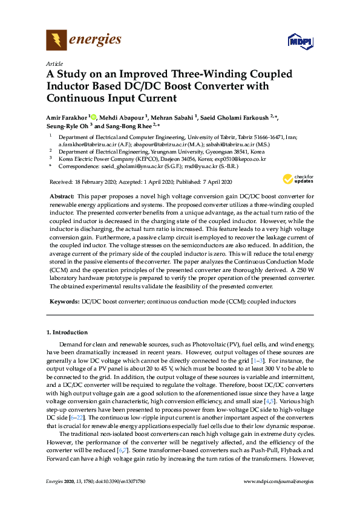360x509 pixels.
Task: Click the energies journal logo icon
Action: click(x=56, y=41)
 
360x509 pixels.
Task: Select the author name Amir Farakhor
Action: click(x=67, y=116)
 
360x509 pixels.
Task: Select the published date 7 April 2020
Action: click(x=211, y=181)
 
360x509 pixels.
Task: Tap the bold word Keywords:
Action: click(x=63, y=300)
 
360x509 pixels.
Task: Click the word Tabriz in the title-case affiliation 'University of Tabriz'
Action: click(x=246, y=137)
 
